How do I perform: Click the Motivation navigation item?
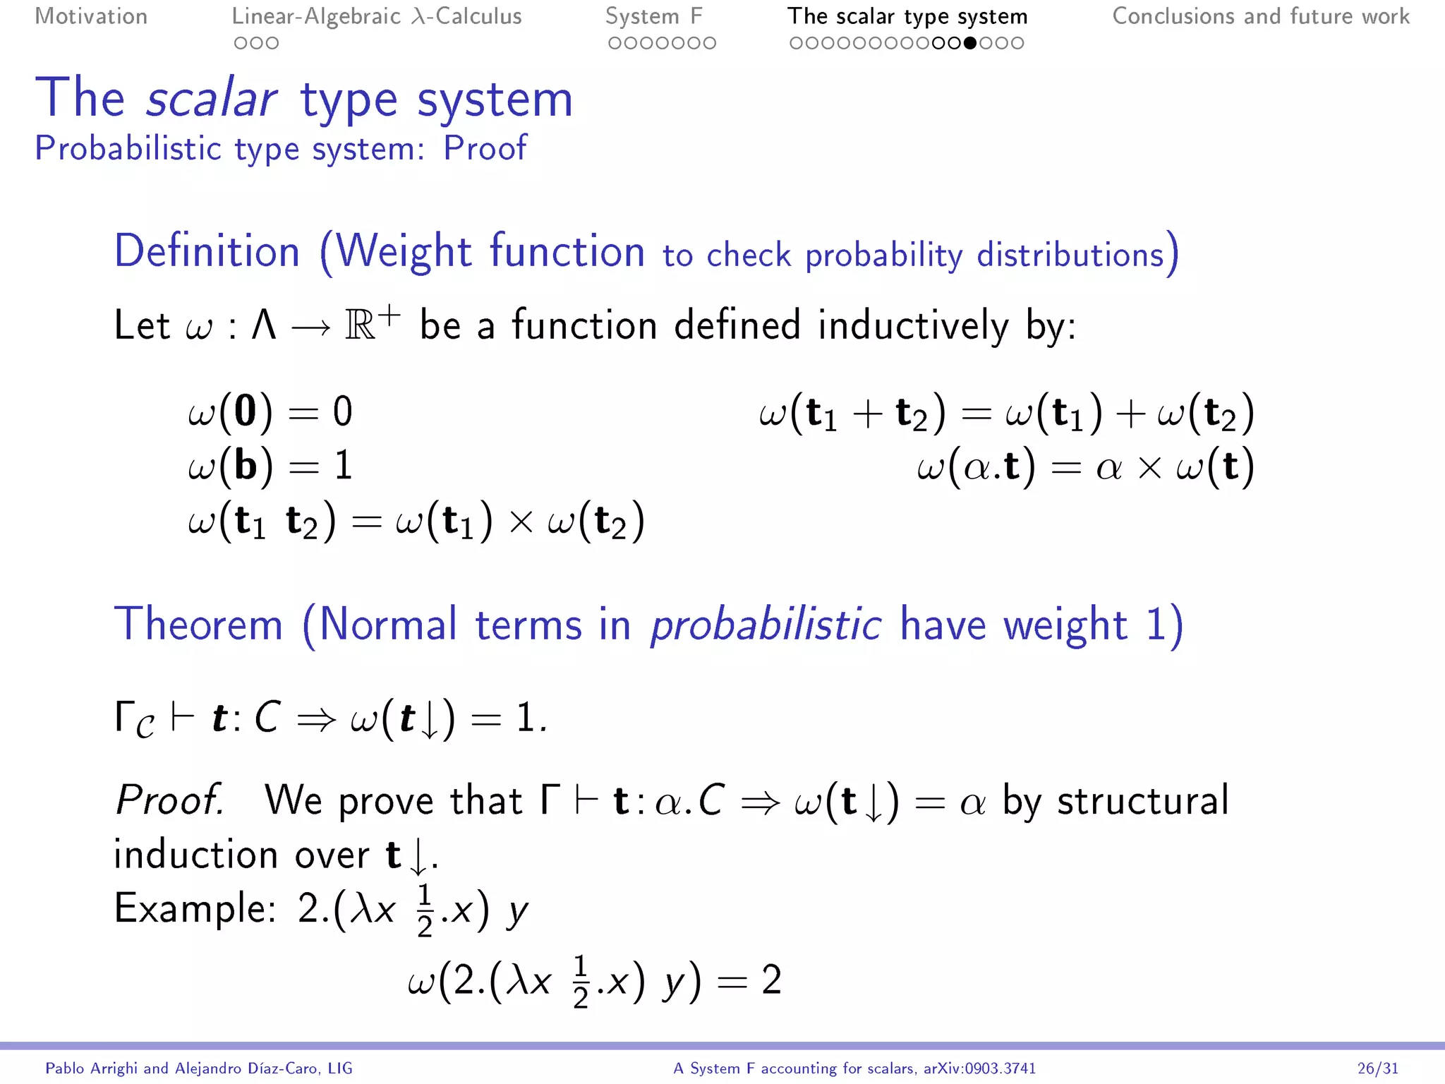[x=91, y=16]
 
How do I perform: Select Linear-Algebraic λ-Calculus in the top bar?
[x=377, y=16]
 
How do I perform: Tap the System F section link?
[x=653, y=16]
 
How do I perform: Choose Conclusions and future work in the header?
[x=1261, y=16]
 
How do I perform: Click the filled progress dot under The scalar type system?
[x=970, y=43]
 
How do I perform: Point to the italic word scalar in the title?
[x=211, y=99]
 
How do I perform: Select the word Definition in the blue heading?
[x=207, y=251]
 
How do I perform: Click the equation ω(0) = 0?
[x=270, y=411]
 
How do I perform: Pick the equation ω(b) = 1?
[x=270, y=465]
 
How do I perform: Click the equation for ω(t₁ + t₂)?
[x=1006, y=413]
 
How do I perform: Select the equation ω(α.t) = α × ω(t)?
[x=1085, y=466]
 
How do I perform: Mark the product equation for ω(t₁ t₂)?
[x=416, y=521]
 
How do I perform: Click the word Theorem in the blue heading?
[x=199, y=625]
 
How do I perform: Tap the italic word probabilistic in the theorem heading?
[x=766, y=625]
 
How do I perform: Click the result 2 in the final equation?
[x=771, y=980]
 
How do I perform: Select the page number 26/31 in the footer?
[x=1377, y=1068]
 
